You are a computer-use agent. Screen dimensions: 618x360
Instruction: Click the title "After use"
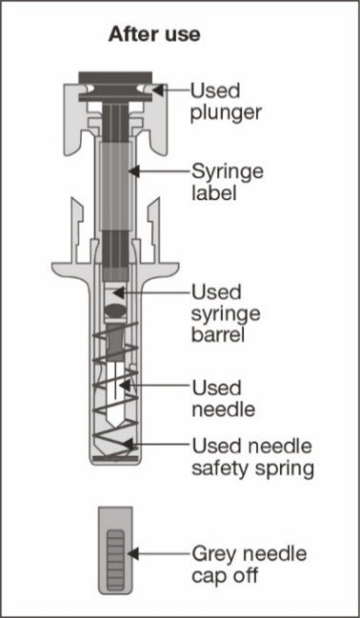pos(153,34)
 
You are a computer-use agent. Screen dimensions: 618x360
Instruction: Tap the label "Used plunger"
pos(227,102)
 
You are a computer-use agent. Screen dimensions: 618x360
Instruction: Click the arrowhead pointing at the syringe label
pos(133,171)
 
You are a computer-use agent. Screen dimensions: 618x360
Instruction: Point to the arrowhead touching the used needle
pos(121,385)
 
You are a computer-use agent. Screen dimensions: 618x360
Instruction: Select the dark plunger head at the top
pos(116,77)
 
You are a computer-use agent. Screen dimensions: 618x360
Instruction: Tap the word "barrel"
pos(218,335)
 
